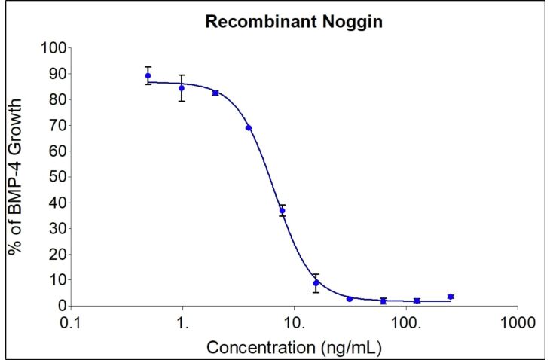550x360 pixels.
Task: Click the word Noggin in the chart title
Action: (x=356, y=22)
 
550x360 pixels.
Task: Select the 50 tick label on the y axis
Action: (x=53, y=177)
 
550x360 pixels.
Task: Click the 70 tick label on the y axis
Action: (x=53, y=126)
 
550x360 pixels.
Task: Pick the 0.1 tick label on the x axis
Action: (x=70, y=322)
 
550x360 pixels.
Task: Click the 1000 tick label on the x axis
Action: (x=517, y=322)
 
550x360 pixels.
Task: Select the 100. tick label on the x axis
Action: (x=407, y=322)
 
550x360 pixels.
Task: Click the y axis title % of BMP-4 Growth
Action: (x=16, y=177)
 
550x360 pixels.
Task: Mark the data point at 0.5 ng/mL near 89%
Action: (x=148, y=75)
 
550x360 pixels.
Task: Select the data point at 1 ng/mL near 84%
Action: (x=182, y=88)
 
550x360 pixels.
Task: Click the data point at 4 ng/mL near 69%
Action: (x=249, y=128)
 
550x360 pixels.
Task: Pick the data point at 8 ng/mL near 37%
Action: (x=283, y=211)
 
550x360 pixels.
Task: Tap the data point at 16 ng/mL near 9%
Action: (x=316, y=283)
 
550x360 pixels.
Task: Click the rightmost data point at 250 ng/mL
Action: (x=451, y=297)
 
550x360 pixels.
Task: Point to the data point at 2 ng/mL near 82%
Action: (x=215, y=93)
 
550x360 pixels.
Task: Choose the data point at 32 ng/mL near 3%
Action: (x=350, y=299)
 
